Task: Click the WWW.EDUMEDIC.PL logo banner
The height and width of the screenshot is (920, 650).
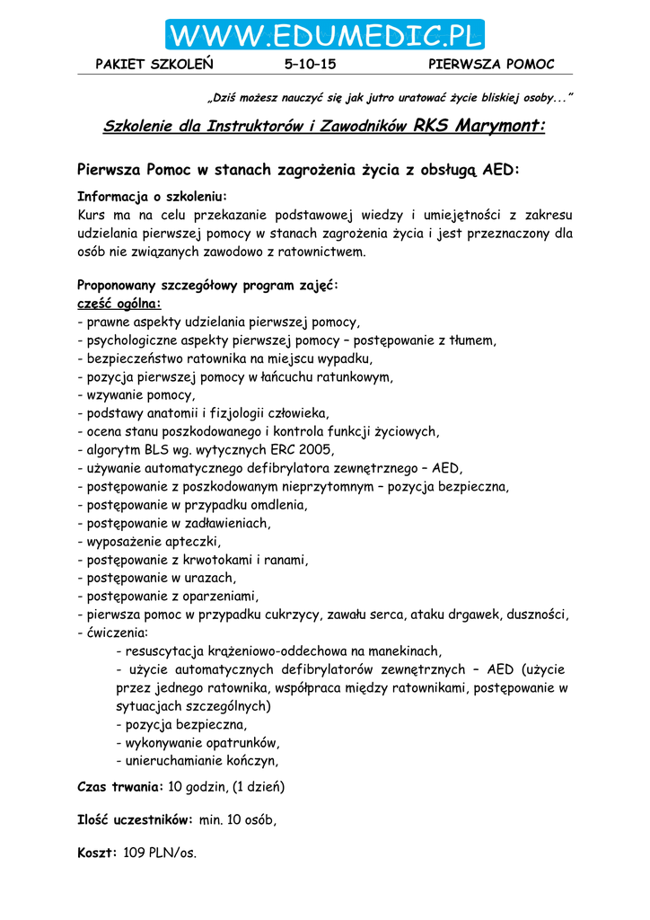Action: [x=324, y=36]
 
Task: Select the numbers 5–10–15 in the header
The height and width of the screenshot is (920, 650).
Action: [x=310, y=64]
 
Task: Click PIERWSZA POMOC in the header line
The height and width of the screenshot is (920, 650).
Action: [x=491, y=64]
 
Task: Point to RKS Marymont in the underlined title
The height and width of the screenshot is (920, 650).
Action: [x=479, y=126]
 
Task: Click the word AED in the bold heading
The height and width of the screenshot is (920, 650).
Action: [x=500, y=170]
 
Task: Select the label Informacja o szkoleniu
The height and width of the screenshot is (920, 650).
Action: [x=152, y=197]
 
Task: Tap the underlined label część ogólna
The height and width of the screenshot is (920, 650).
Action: [x=119, y=304]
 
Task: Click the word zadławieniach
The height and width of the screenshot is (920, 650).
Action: [x=221, y=523]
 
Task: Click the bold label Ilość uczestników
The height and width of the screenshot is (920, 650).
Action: [x=135, y=819]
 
